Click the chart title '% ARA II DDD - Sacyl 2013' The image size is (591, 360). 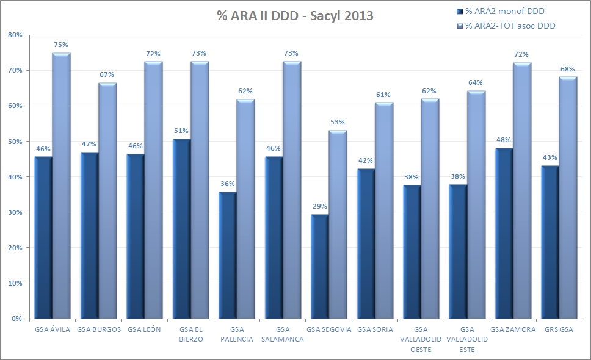click(x=295, y=16)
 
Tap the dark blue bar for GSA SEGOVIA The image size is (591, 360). click(x=320, y=267)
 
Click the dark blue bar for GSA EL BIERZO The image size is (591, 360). click(x=181, y=229)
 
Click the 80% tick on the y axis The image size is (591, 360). click(x=15, y=35)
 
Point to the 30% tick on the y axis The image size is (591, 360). click(x=15, y=212)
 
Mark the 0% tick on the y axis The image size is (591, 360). click(x=16, y=319)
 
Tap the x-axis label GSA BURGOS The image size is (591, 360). click(x=98, y=329)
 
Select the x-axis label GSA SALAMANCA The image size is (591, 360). click(x=282, y=334)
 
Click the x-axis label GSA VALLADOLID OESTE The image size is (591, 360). click(x=421, y=339)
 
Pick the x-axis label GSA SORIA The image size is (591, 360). click(x=375, y=329)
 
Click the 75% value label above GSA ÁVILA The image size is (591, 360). click(x=60, y=45)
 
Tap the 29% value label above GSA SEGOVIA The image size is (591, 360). click(x=320, y=206)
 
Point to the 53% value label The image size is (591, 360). click(x=337, y=122)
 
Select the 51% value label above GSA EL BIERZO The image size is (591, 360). click(x=181, y=131)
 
